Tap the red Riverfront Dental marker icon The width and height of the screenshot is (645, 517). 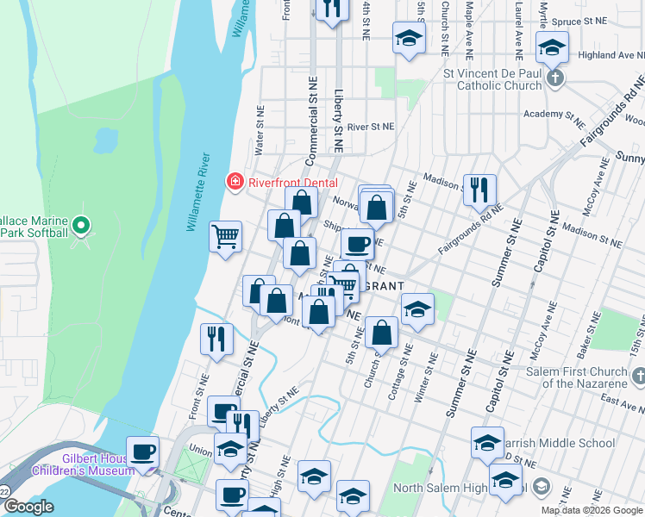point(234,182)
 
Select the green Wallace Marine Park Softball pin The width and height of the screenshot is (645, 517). point(81,227)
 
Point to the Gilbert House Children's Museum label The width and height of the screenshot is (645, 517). point(83,464)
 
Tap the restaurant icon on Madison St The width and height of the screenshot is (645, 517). point(479,190)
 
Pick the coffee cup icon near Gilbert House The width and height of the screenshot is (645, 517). point(143,451)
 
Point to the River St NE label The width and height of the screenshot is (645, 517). point(370,127)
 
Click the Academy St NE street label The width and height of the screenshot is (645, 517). point(555,114)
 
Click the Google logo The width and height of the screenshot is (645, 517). point(28,508)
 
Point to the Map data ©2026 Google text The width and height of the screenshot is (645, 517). point(592,510)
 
